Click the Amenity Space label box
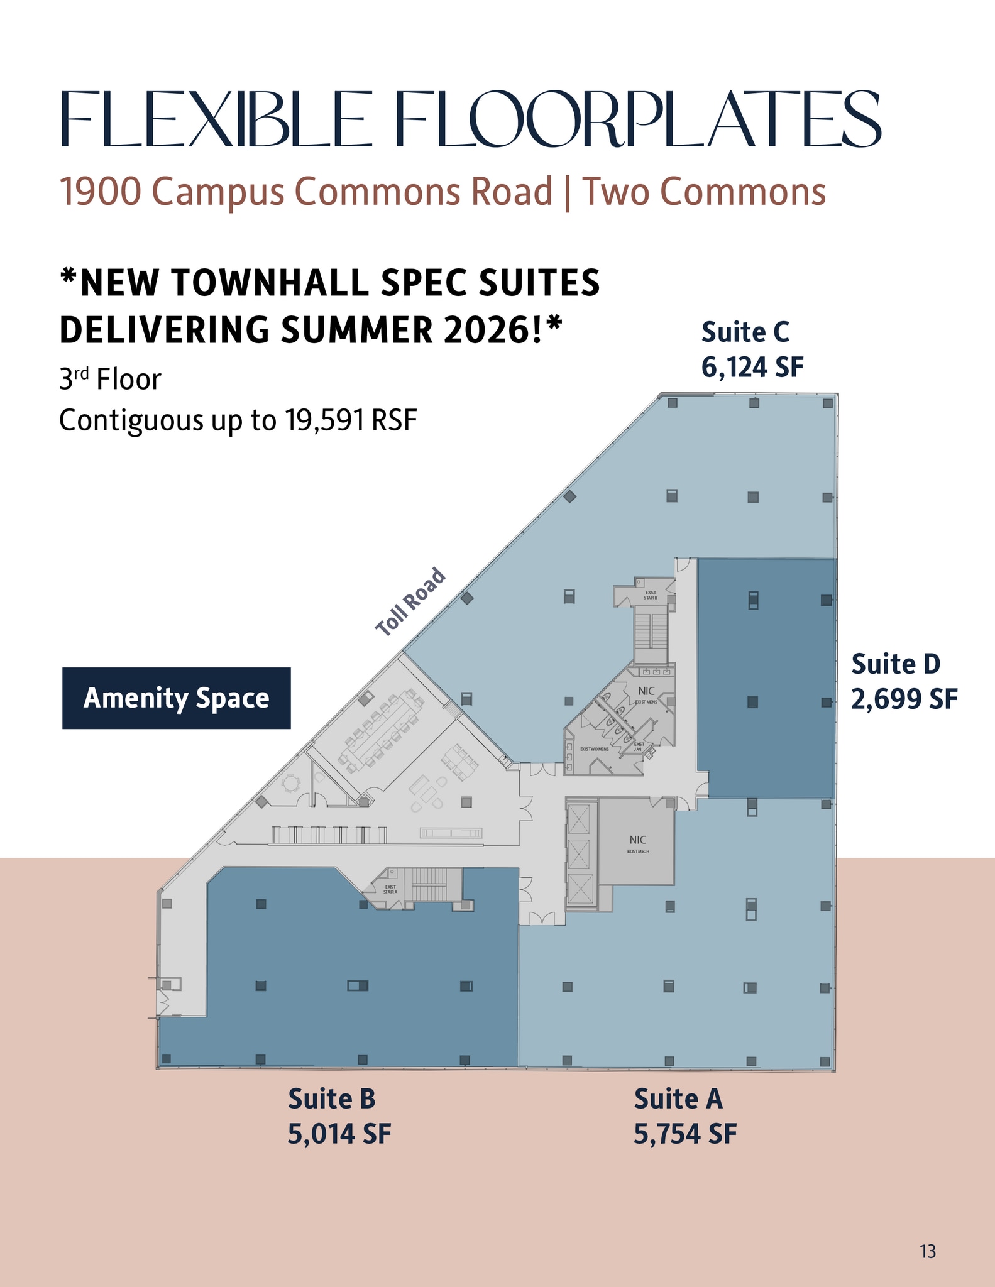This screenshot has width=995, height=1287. (x=176, y=698)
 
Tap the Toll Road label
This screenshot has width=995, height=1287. (x=410, y=601)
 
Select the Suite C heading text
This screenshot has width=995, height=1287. (x=745, y=332)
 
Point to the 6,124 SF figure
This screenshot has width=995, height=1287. (x=752, y=367)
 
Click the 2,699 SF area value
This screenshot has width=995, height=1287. (x=904, y=698)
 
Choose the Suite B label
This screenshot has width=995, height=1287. (x=331, y=1099)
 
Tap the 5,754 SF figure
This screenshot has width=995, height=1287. (x=684, y=1134)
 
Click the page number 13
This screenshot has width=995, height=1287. (x=927, y=1252)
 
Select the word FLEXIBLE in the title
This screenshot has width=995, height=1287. (x=212, y=119)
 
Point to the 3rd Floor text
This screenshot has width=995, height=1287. (x=110, y=380)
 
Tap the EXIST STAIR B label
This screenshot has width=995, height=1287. (x=651, y=594)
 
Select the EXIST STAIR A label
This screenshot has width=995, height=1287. (x=390, y=889)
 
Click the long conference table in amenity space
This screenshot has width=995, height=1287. (x=381, y=729)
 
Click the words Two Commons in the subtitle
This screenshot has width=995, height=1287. (x=703, y=192)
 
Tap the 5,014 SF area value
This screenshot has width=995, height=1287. (x=339, y=1134)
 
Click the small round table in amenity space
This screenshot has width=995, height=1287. (x=292, y=783)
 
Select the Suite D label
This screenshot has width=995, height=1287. (x=895, y=664)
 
